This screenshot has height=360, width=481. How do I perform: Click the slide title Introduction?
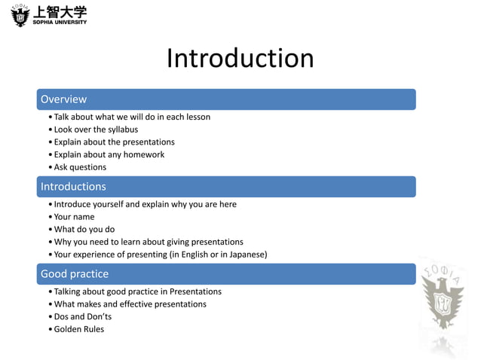(240, 59)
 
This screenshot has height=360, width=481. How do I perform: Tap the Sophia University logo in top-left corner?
(50, 15)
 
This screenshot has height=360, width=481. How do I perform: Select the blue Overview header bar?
(227, 99)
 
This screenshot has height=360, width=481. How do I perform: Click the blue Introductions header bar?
(227, 187)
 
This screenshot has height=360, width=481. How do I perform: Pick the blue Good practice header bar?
(227, 274)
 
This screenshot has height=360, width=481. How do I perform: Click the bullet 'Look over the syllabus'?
(96, 130)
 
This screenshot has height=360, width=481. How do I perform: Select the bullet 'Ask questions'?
(80, 167)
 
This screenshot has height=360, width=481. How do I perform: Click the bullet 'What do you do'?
(84, 229)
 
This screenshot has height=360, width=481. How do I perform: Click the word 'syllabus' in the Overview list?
(121, 130)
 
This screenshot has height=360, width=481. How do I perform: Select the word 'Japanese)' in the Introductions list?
(248, 255)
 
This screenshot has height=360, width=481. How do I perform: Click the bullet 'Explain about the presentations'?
(114, 142)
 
